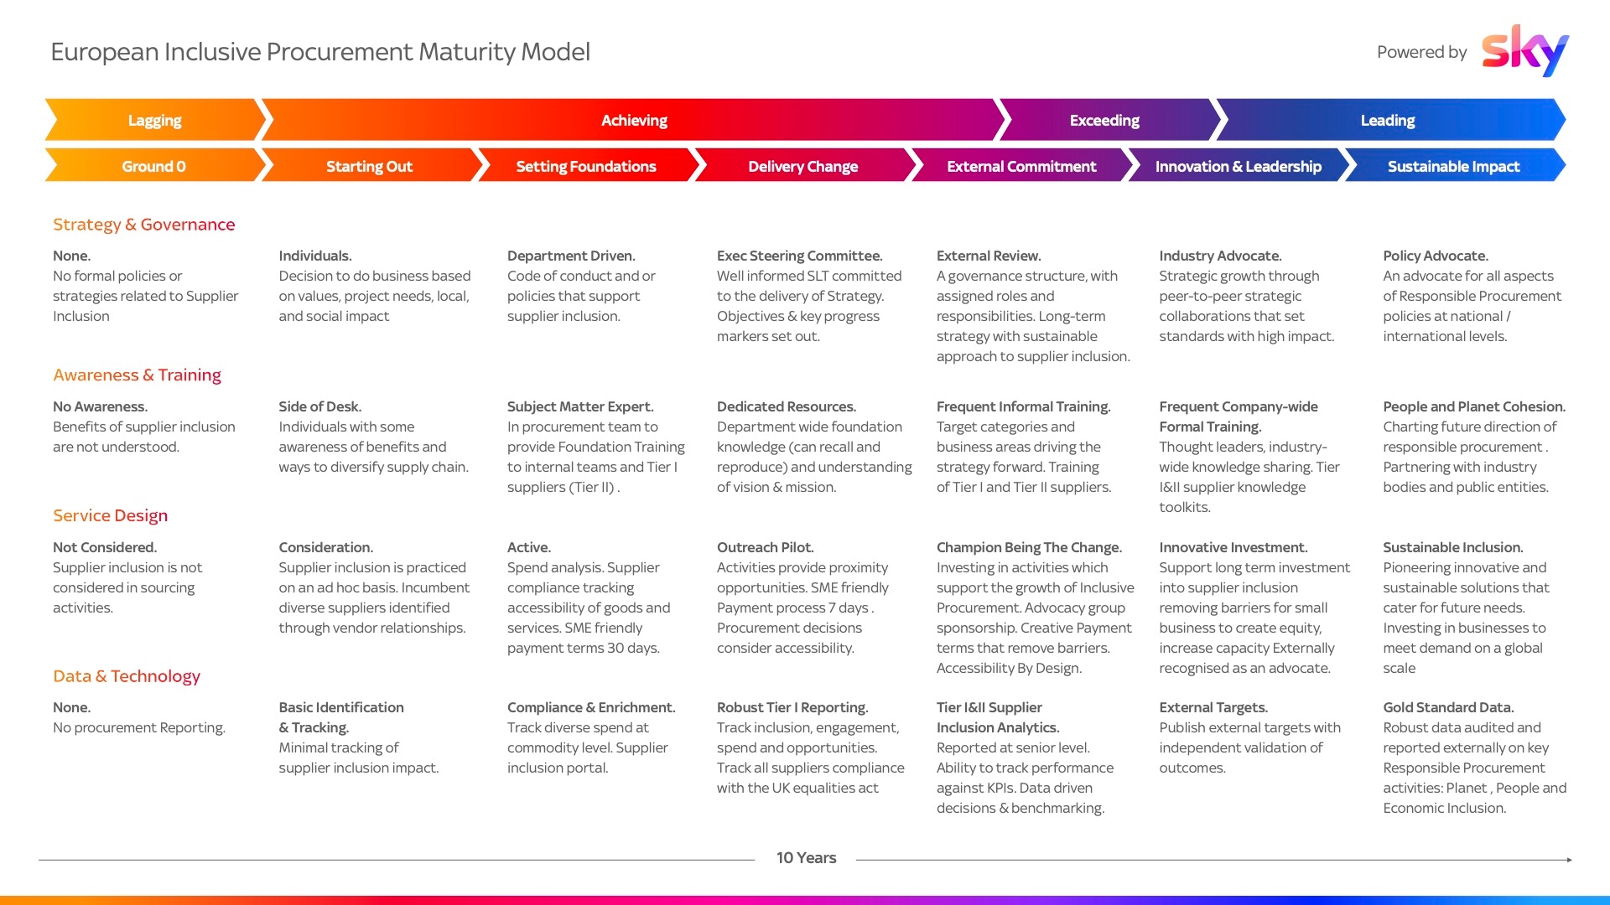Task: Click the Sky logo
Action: [1524, 50]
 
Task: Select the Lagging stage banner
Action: [155, 120]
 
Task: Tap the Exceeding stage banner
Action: [1105, 120]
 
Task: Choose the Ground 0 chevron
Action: [154, 166]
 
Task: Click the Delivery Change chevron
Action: [803, 166]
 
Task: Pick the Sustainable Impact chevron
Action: [1454, 166]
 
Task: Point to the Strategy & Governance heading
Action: [144, 225]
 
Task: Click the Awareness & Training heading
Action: [138, 375]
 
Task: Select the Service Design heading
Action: [111, 515]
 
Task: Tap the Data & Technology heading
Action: [127, 676]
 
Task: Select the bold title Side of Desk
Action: [320, 406]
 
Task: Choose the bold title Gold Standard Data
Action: [1448, 707]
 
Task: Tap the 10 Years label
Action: [806, 858]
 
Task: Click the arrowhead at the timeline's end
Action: [1569, 860]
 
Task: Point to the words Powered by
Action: [1421, 52]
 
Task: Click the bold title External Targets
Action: [1213, 707]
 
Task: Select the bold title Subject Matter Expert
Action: [580, 406]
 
